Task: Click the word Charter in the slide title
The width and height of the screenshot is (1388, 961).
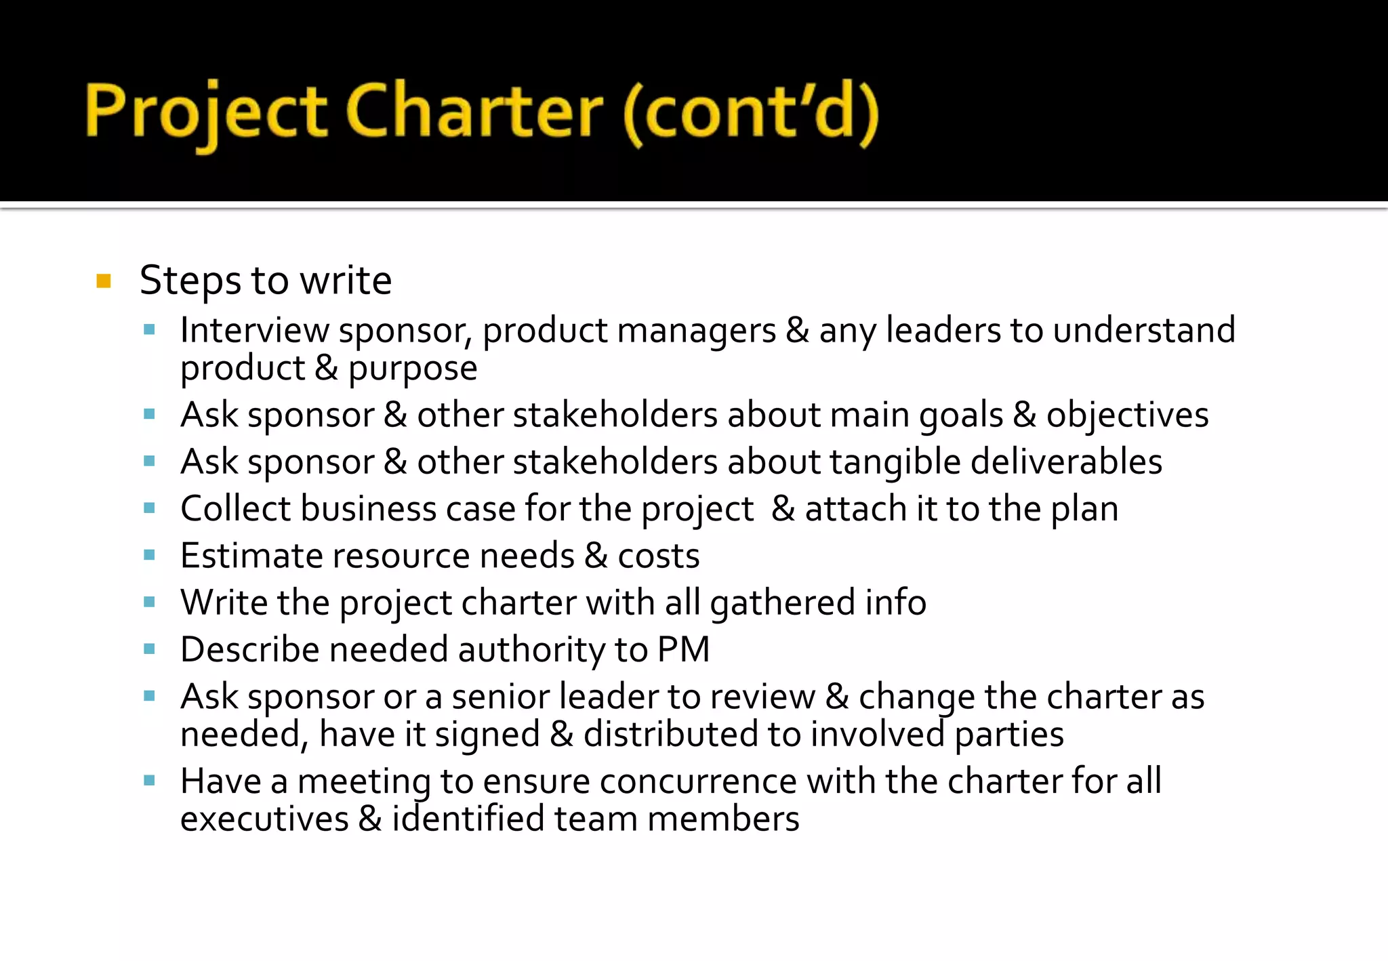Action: click(x=474, y=111)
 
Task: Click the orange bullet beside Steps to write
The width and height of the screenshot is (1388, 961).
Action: click(x=104, y=281)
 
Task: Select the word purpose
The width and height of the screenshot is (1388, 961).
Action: click(x=413, y=369)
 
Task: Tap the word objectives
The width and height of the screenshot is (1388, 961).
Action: click(x=1127, y=415)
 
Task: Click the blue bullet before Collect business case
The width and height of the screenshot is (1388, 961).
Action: click(x=150, y=508)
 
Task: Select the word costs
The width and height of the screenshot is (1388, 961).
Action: click(x=658, y=556)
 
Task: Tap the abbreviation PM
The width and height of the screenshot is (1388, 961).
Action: click(x=683, y=649)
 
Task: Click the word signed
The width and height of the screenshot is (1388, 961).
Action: click(x=487, y=735)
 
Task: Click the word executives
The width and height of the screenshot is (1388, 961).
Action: click(x=264, y=819)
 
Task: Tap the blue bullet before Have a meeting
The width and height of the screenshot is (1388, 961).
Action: click(x=150, y=781)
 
